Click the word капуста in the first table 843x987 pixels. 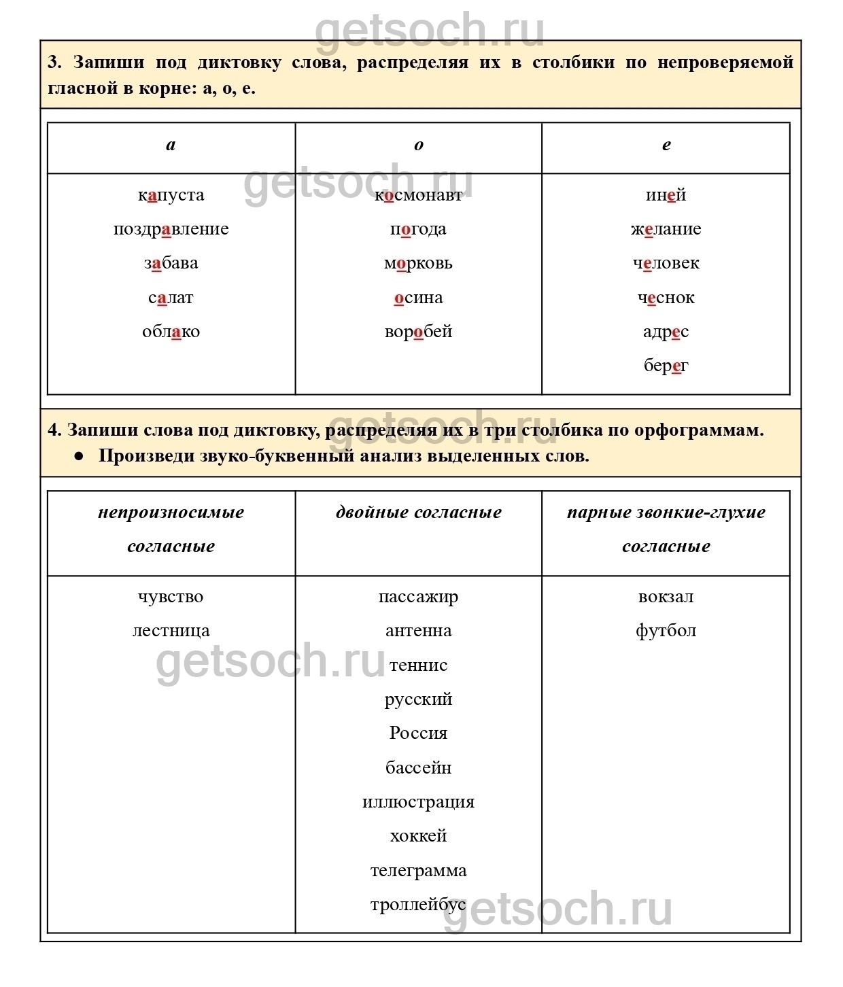[171, 195]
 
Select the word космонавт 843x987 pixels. [418, 195]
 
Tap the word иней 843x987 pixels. [666, 195]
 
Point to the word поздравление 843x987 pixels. [171, 229]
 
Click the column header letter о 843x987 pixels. [418, 145]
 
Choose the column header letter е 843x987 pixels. [666, 145]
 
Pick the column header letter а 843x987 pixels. [171, 145]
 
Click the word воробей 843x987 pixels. [418, 332]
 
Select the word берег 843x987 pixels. [666, 366]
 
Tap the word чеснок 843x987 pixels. [666, 298]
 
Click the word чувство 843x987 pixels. [171, 597]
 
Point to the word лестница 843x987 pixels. [171, 631]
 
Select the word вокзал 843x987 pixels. [666, 597]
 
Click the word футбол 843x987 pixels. [666, 631]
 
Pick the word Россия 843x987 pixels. [418, 733]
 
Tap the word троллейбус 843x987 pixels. [418, 905]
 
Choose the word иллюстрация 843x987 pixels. [418, 802]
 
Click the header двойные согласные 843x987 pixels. [418, 513]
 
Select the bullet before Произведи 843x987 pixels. [79, 455]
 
